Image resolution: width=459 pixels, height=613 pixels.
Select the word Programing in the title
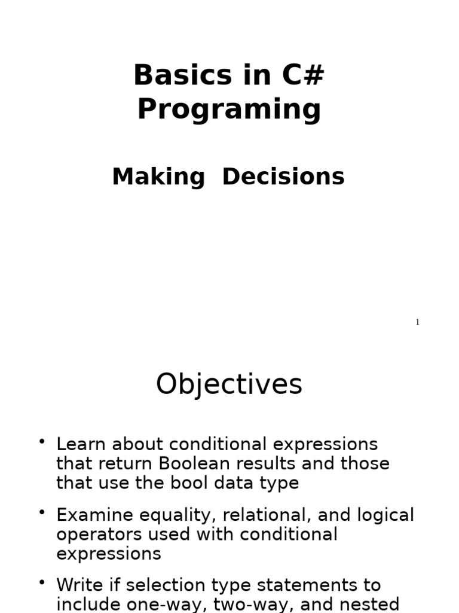[229, 110]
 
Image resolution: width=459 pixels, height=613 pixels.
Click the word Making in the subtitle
[158, 177]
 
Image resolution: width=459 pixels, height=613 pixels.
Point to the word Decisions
[283, 177]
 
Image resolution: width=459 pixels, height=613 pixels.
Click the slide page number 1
[418, 323]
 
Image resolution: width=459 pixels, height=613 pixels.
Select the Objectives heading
[229, 384]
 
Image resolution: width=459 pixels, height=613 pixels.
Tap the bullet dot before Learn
[42, 442]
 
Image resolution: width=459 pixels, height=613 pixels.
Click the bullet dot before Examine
[42, 512]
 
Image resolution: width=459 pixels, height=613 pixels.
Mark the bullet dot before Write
[42, 582]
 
